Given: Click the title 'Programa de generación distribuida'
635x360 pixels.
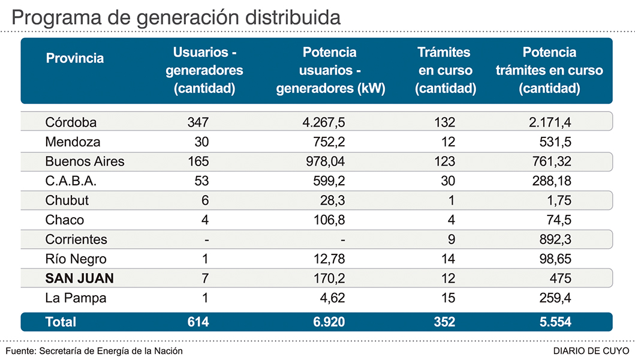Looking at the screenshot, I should tap(176, 17).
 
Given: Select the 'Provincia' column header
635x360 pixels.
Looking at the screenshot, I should tap(75, 58).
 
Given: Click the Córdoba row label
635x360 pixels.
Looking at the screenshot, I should tap(71, 122).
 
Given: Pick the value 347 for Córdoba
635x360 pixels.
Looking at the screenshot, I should tap(197, 122).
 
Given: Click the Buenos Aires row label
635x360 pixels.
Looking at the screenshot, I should tap(85, 161).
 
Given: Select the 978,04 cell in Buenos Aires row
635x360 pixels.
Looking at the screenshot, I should tap(324, 161).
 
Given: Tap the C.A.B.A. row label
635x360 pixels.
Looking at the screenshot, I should tap(71, 181).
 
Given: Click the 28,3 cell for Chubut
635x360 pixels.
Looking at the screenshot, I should tap(332, 200).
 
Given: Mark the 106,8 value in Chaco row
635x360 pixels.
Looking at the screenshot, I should tap(329, 220).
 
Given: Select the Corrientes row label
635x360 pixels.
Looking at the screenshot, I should tap(76, 239).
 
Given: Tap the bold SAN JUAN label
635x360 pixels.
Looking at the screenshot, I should tap(80, 278).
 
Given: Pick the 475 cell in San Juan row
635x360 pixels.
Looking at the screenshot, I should tap(560, 278).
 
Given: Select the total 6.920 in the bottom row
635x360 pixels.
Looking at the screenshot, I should tap(329, 322).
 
